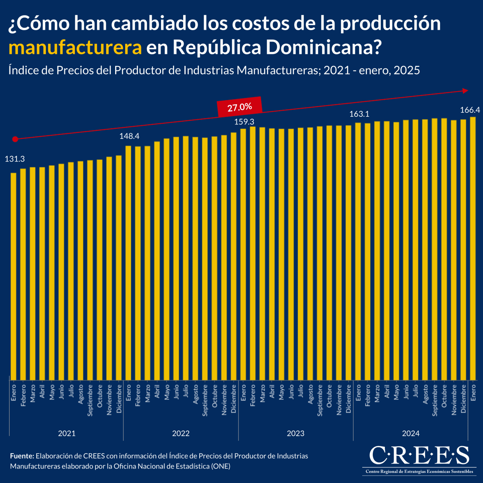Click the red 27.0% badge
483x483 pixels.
(239, 107)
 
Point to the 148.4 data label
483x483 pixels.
(129, 136)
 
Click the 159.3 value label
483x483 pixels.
(244, 121)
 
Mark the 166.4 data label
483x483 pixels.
(470, 110)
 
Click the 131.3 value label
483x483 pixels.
(15, 159)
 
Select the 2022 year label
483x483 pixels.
(181, 433)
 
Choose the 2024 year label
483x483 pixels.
(411, 433)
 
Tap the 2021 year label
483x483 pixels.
(67, 433)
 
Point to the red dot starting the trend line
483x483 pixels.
(15, 139)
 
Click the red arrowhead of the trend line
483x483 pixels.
(466, 91)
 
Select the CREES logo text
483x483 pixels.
(419, 455)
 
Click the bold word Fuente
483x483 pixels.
(22, 456)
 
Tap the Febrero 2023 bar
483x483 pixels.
(253, 253)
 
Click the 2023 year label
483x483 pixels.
(296, 433)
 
